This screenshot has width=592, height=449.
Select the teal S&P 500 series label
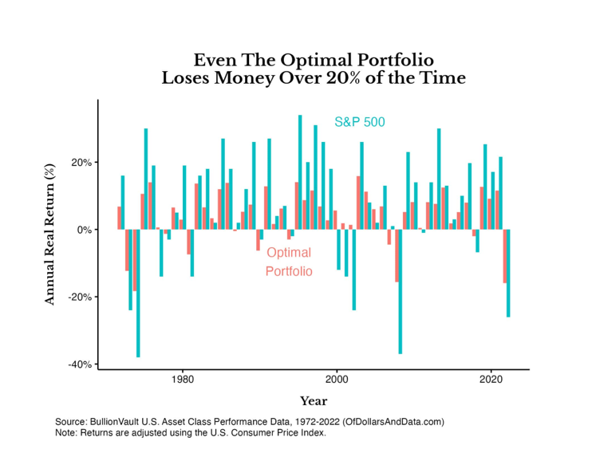click(x=359, y=123)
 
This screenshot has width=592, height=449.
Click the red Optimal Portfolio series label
click(x=289, y=262)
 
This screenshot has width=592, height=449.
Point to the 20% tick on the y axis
click(x=84, y=163)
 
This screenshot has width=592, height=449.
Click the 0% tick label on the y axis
click(x=86, y=230)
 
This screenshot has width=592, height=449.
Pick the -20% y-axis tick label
click(x=82, y=297)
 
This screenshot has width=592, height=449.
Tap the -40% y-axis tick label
click(x=82, y=364)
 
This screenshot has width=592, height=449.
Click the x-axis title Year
click(x=314, y=400)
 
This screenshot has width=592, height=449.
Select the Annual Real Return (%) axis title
click(x=49, y=231)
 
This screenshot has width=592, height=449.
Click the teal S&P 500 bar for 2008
click(x=401, y=291)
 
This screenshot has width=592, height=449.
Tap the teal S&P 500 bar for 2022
click(x=508, y=273)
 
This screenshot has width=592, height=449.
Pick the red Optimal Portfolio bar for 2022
click(x=504, y=256)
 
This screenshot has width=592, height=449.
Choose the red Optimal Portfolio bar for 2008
click(x=397, y=255)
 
